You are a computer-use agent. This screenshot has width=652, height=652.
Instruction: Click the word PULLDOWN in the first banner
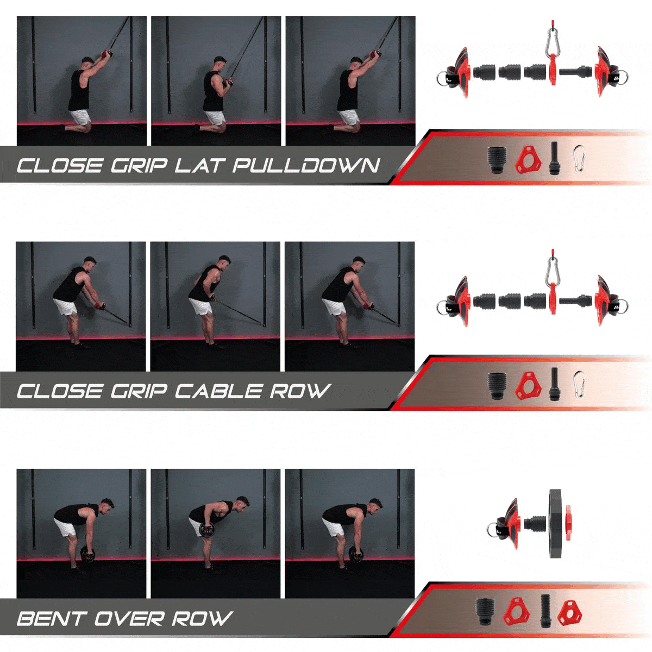coord(306,166)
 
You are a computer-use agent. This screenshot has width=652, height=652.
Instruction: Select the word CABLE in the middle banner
coord(218,391)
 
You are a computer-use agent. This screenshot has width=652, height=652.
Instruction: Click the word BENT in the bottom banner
coord(50,618)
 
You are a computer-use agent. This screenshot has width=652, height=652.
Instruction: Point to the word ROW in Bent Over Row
coord(202,618)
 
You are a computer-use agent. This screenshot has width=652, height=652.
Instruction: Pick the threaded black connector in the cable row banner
coord(497,386)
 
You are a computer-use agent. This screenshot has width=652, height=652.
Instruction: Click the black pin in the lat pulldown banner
coord(554,158)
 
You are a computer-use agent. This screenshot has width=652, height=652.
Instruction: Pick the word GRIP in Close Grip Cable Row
coord(138,391)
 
